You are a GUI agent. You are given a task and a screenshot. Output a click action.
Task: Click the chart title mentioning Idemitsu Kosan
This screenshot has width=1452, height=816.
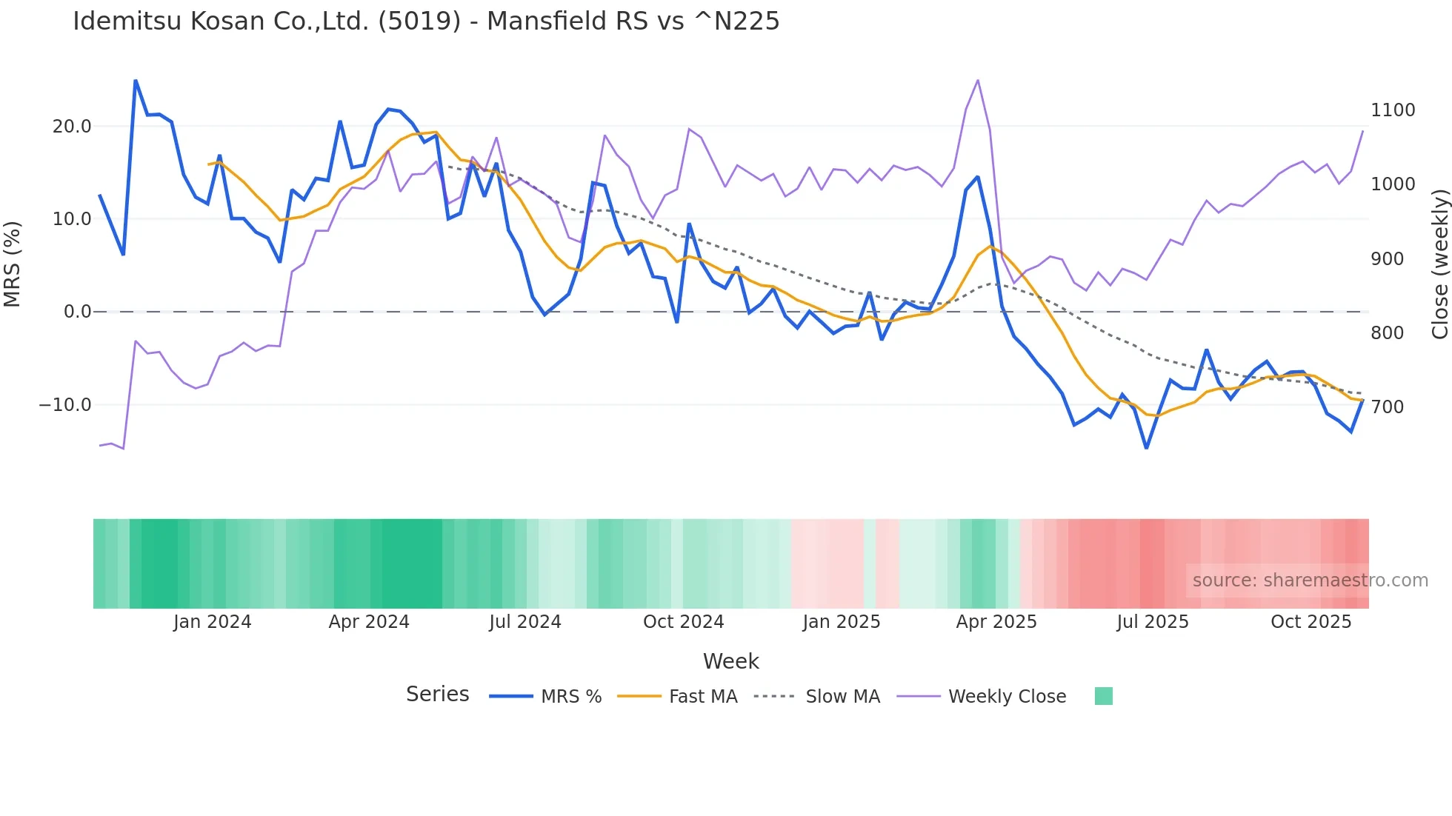tap(426, 21)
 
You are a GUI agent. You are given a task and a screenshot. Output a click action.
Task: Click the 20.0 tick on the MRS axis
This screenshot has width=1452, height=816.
tap(72, 127)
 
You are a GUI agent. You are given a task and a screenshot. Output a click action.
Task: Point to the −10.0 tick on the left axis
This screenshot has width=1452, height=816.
tap(65, 405)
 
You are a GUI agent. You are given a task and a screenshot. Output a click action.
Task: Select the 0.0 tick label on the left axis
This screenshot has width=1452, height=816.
tap(78, 312)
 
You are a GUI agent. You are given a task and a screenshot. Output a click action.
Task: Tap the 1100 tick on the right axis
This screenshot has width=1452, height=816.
tap(1393, 110)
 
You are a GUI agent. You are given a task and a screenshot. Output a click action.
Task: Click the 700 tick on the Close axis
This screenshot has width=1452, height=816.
tap(1387, 407)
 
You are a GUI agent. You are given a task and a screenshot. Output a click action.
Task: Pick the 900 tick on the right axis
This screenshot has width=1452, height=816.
tap(1387, 259)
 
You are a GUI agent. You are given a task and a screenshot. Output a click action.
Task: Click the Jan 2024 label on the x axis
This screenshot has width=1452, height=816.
tap(213, 622)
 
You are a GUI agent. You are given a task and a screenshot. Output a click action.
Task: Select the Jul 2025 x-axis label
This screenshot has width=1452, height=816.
tap(1153, 622)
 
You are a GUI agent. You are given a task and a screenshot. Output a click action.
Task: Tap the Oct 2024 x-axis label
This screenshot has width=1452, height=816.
tap(683, 622)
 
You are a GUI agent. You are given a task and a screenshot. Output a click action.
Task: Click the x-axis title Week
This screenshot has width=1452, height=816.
tap(730, 661)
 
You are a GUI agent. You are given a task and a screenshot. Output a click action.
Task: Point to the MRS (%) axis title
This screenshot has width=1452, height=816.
tap(13, 264)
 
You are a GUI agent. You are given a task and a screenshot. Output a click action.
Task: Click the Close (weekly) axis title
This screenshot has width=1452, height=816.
tap(1439, 264)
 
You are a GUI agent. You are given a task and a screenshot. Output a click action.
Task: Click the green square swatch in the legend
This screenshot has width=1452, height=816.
tap(1103, 696)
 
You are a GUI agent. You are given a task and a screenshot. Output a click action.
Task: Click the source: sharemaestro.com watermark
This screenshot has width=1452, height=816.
tap(1310, 581)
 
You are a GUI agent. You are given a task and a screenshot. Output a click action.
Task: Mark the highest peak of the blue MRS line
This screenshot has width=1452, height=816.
tap(136, 80)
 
